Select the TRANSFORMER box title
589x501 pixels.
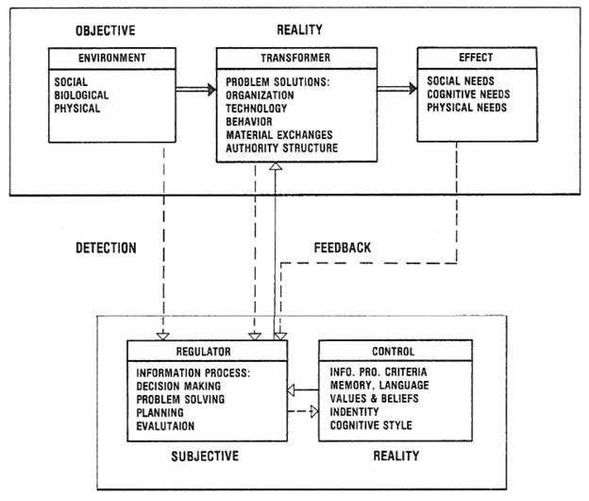tap(273, 58)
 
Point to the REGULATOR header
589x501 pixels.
tap(206, 352)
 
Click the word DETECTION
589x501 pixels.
tap(105, 249)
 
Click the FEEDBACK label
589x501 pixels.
tap(342, 248)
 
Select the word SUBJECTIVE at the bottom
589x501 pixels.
tap(205, 456)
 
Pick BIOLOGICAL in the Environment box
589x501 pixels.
tap(82, 95)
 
